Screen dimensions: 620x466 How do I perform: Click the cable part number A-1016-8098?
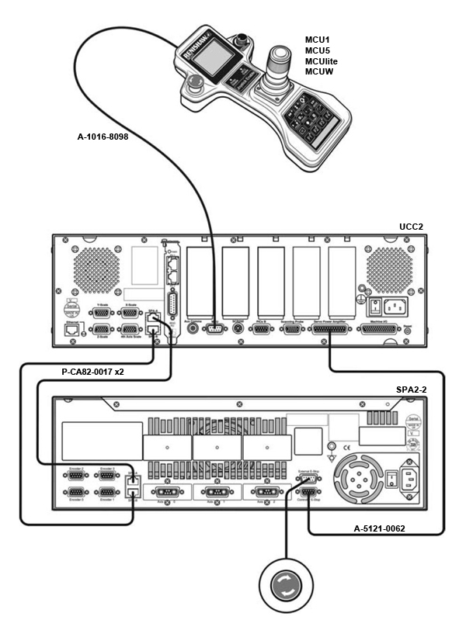113,137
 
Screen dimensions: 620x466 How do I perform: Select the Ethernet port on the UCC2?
70,328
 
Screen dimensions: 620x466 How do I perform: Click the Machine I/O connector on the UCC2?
382,329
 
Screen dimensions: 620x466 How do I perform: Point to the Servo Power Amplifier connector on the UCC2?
331,329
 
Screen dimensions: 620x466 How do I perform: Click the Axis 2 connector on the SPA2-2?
260,492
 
